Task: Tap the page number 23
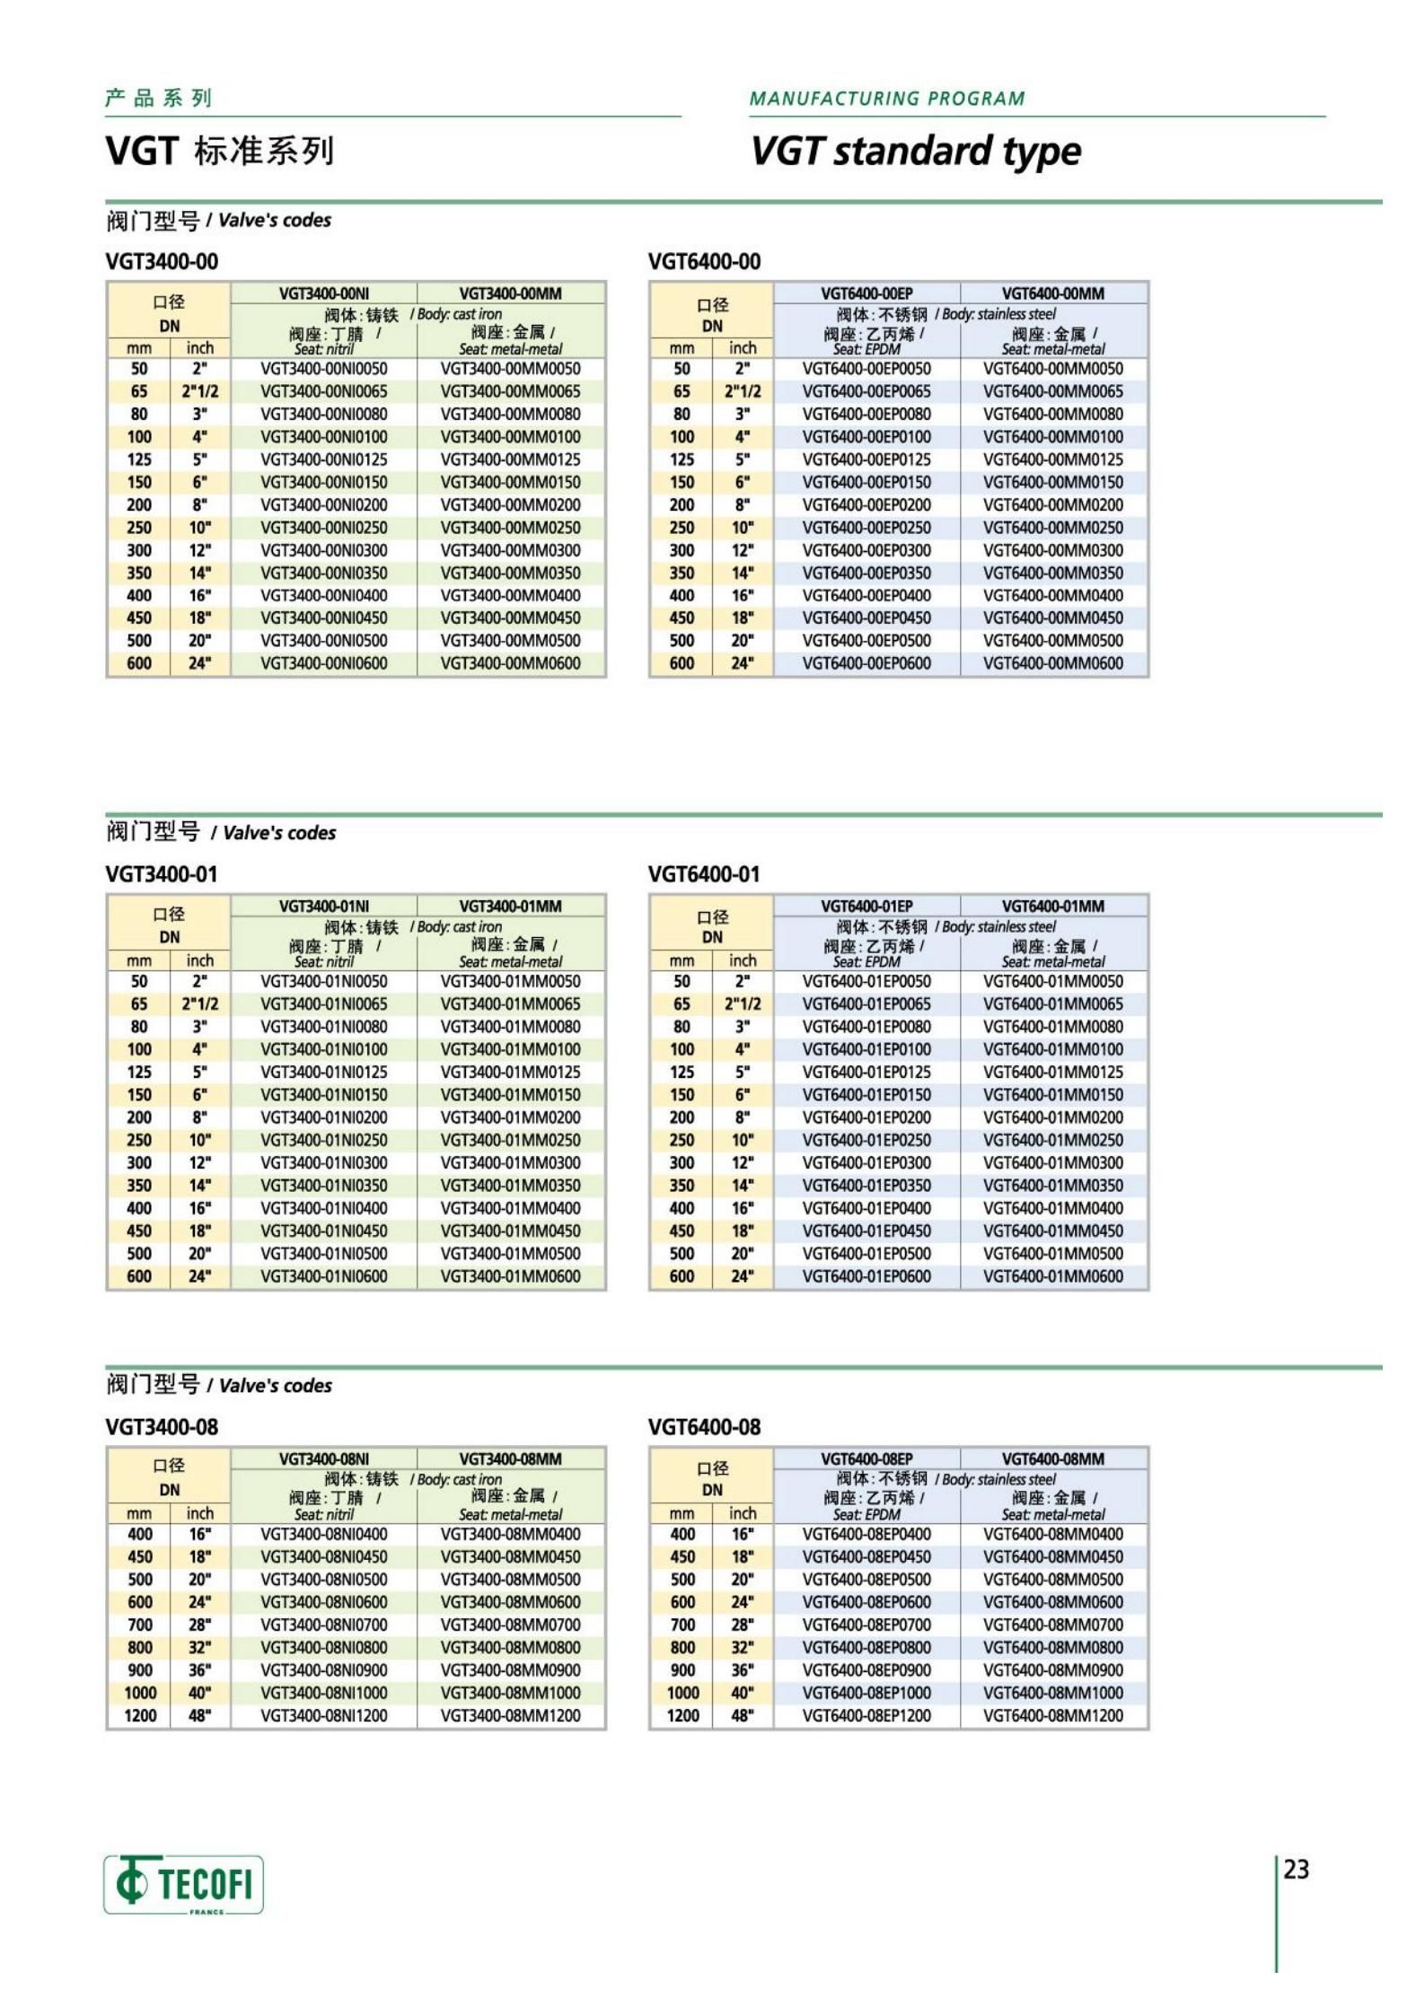1296,1869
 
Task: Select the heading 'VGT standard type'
915,151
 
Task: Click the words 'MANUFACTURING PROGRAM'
886,99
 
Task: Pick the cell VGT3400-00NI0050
324,369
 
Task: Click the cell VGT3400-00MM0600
510,663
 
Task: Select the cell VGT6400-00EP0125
866,460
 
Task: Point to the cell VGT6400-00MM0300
1052,550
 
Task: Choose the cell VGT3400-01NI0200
324,1117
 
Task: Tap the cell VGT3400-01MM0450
510,1231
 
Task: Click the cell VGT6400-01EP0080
866,1027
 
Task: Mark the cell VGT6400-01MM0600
1052,1276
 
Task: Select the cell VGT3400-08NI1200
324,1715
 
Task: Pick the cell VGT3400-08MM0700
510,1625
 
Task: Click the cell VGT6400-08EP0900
866,1669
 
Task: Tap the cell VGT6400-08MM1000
1052,1693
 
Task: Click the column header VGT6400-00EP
866,293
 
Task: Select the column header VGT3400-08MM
510,1459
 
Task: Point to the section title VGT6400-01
704,874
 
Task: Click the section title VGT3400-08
162,1427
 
